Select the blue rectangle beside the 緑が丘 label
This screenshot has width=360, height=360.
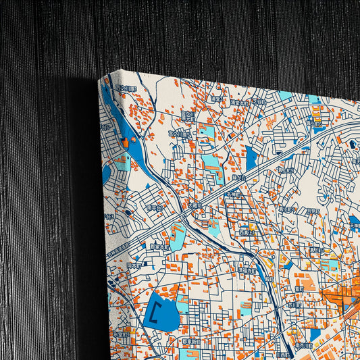[x=251, y=159]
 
